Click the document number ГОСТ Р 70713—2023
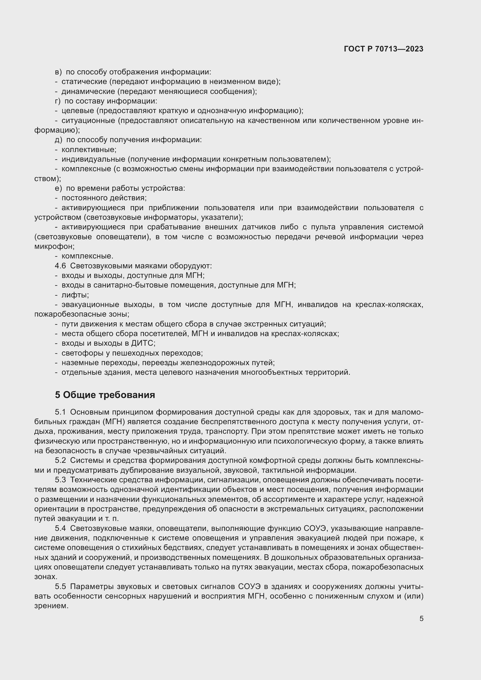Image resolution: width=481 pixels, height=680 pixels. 384,49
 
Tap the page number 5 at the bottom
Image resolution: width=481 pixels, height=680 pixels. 421,618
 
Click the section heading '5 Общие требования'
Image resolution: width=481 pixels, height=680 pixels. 105,395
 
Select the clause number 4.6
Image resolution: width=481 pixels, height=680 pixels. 60,266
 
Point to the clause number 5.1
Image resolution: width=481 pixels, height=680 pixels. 60,412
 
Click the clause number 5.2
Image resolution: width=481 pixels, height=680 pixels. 60,460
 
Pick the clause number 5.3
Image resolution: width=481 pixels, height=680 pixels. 60,480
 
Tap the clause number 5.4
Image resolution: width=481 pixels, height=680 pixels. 60,528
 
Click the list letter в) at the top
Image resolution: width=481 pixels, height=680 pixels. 58,72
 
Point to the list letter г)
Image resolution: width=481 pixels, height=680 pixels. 58,101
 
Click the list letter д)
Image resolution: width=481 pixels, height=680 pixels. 58,140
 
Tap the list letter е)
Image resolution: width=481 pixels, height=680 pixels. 58,188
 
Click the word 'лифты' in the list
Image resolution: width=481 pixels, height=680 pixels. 75,295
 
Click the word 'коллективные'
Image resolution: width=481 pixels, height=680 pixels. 89,149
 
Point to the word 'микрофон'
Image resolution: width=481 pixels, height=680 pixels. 54,246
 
